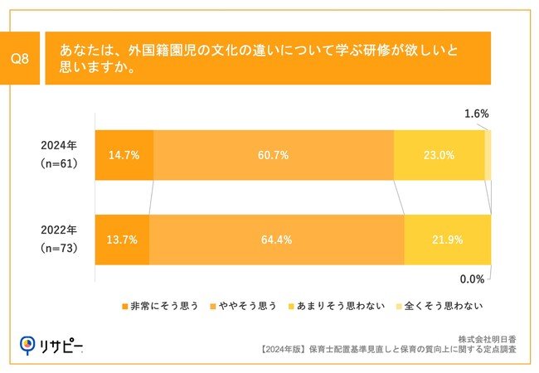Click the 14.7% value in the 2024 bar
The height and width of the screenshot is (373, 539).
(x=122, y=155)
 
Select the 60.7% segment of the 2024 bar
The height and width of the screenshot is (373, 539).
(x=274, y=155)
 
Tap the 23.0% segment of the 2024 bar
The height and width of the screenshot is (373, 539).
(x=439, y=155)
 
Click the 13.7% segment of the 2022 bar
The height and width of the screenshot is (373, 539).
(x=122, y=240)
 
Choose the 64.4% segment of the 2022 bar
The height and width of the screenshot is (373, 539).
(x=276, y=240)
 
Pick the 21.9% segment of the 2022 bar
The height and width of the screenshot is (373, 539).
(x=447, y=240)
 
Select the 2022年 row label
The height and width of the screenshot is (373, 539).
(x=58, y=230)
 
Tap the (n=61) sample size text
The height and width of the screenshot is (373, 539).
(x=58, y=164)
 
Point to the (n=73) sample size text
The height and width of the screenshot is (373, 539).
(x=58, y=249)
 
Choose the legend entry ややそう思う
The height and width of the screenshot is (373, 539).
(x=246, y=306)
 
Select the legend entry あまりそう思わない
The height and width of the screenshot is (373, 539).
(x=337, y=306)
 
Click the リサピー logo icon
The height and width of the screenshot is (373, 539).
(x=28, y=343)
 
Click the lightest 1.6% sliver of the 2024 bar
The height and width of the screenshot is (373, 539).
(x=488, y=155)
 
